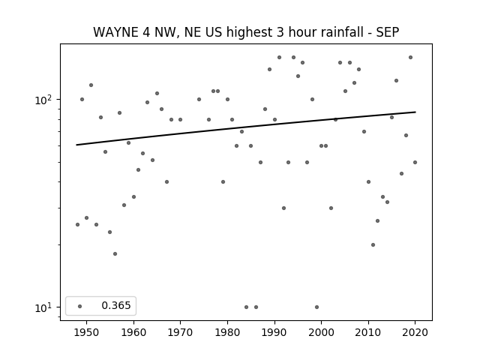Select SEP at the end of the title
(x=388, y=32)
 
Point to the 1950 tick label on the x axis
(x=87, y=332)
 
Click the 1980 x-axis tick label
(x=227, y=332)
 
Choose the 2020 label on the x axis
(x=415, y=332)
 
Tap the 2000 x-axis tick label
(x=321, y=332)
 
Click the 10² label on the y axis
(x=45, y=100)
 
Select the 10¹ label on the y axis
(x=45, y=307)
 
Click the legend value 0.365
(x=116, y=305)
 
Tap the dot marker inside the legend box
(x=79, y=306)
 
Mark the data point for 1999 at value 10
(x=316, y=307)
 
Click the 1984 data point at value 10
(x=247, y=307)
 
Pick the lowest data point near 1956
(x=115, y=253)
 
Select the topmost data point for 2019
(x=410, y=58)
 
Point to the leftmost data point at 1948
(x=77, y=225)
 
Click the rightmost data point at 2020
(x=415, y=162)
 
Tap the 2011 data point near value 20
(x=373, y=245)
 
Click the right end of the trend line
(x=415, y=112)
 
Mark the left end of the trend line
(x=76, y=145)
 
